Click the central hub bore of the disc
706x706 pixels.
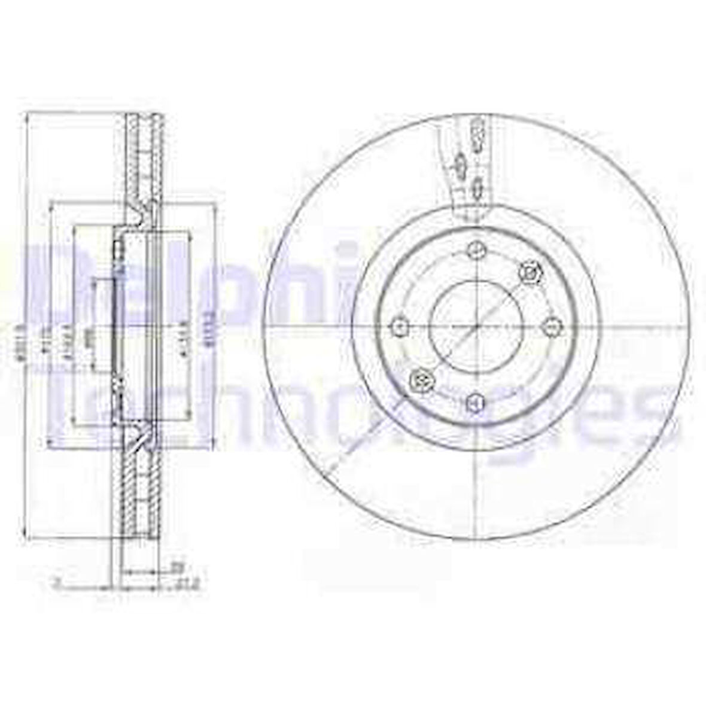[x=476, y=326]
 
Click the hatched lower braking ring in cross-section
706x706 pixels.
[x=143, y=491]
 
